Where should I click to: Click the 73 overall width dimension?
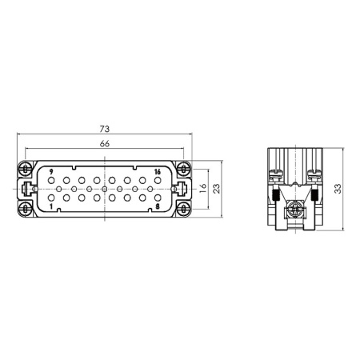(x=105, y=129)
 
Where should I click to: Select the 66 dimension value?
(x=105, y=143)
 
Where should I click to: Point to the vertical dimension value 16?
(x=203, y=189)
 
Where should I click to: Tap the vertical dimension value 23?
(x=218, y=189)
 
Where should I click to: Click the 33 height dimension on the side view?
(x=338, y=189)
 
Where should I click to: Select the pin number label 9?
(x=51, y=172)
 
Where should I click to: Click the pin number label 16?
(x=158, y=172)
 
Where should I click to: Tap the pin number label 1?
(x=51, y=206)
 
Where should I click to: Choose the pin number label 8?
(x=158, y=206)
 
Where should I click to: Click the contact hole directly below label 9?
(x=51, y=181)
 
